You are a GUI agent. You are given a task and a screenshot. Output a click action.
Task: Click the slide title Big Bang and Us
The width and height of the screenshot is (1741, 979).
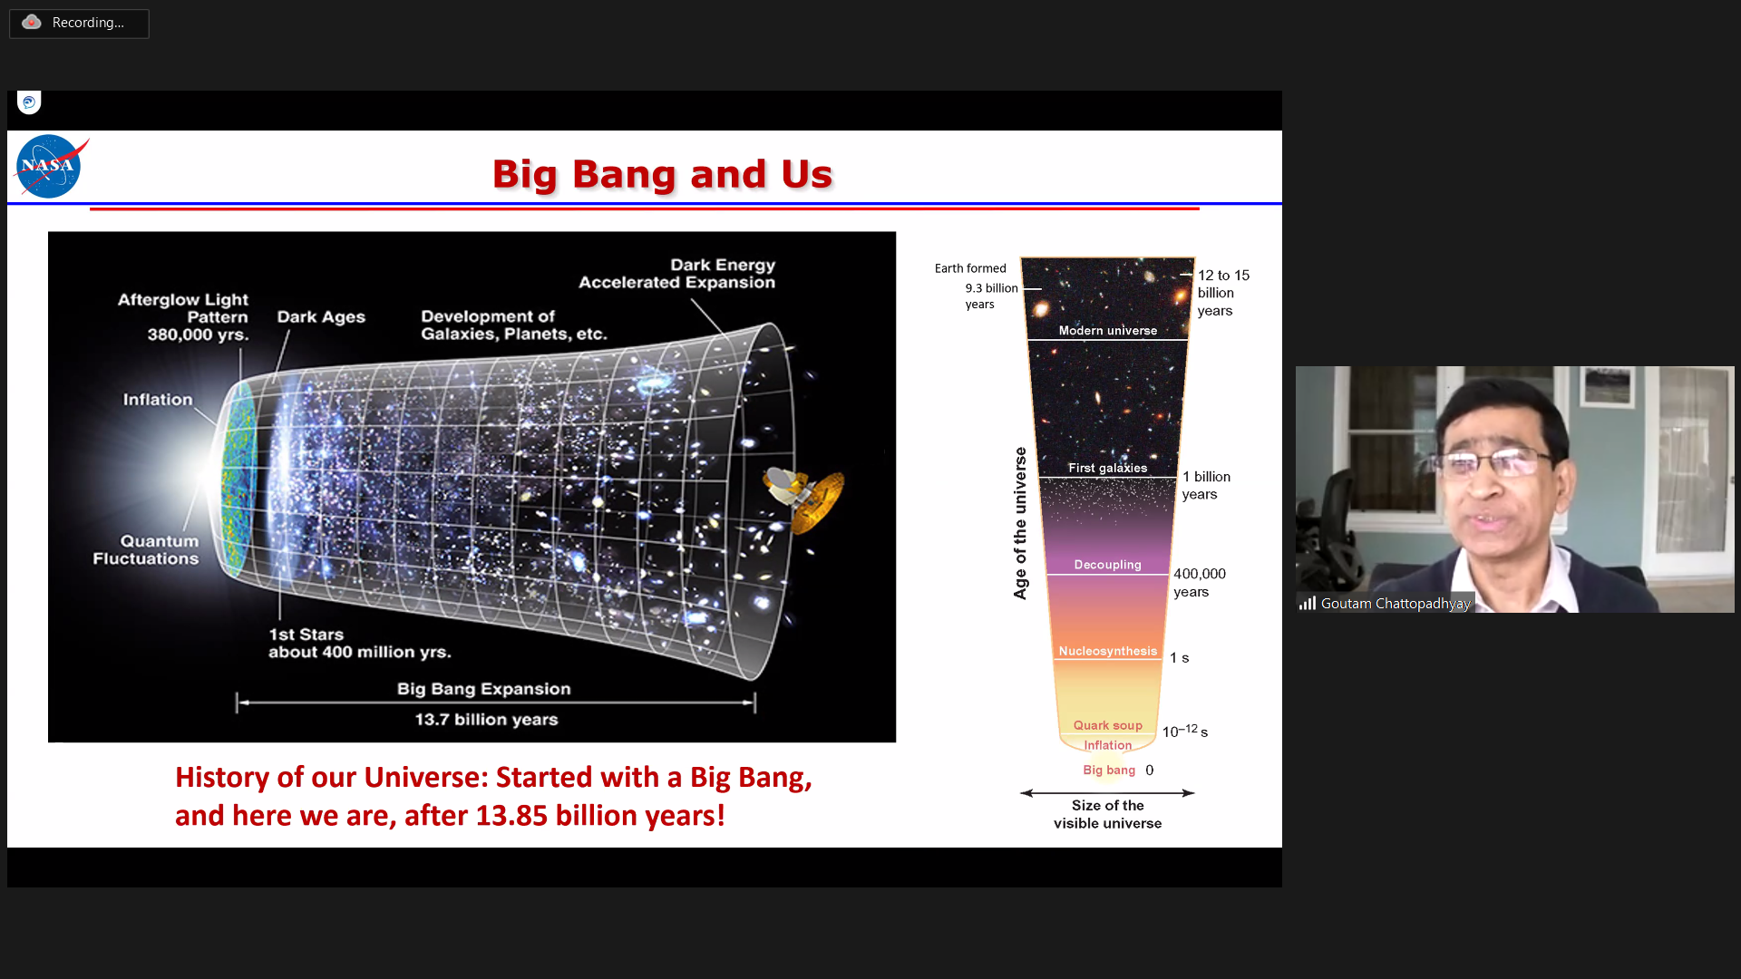pyautogui.click(x=662, y=174)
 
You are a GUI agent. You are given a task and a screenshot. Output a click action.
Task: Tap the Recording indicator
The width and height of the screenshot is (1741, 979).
pyautogui.click(x=79, y=23)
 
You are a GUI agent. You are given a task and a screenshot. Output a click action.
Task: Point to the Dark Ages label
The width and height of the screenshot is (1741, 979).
pyautogui.click(x=321, y=316)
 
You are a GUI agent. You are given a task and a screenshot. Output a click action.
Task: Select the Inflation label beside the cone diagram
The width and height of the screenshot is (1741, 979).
pyautogui.click(x=158, y=400)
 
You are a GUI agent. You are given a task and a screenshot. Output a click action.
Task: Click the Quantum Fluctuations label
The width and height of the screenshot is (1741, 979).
pyautogui.click(x=146, y=549)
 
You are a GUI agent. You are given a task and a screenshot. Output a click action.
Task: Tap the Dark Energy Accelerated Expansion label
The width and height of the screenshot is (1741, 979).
pyautogui.click(x=677, y=274)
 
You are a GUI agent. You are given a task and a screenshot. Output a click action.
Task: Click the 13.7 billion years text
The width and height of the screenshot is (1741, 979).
pyautogui.click(x=486, y=720)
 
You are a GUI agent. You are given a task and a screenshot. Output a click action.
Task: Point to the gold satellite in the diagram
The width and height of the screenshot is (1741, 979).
pyautogui.click(x=805, y=496)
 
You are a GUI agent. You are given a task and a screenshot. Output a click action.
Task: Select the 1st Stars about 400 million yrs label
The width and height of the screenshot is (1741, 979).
pyautogui.click(x=359, y=643)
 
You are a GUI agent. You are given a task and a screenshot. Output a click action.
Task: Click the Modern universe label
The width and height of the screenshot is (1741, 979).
pyautogui.click(x=1108, y=331)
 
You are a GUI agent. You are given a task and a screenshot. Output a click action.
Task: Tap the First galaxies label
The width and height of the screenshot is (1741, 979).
pyautogui.click(x=1107, y=468)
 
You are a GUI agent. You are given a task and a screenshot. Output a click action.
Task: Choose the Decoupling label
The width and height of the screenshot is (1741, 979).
pyautogui.click(x=1107, y=565)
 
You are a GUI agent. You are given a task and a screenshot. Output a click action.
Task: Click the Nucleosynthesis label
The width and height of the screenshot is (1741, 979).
pyautogui.click(x=1107, y=651)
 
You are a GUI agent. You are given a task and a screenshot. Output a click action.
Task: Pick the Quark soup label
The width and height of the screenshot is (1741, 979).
pyautogui.click(x=1107, y=725)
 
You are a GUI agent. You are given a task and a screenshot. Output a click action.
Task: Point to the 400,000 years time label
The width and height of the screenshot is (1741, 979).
pyautogui.click(x=1200, y=583)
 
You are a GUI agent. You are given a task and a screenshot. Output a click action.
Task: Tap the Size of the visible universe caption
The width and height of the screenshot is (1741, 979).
pyautogui.click(x=1107, y=814)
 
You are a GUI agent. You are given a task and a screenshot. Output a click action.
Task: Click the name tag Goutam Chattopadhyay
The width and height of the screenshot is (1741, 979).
pyautogui.click(x=1395, y=604)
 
